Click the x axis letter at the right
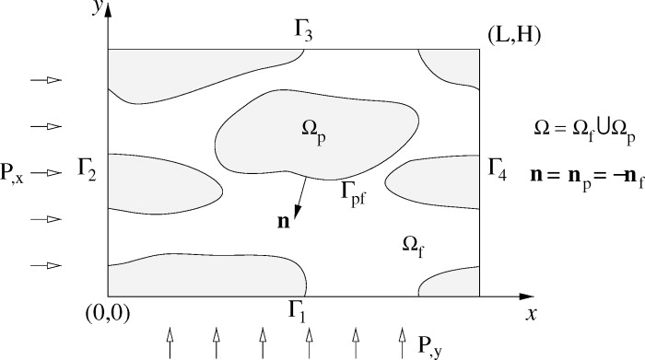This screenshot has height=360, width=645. point(532,314)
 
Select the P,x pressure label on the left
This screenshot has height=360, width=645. point(17,171)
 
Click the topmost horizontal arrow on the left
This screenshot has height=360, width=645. point(46,80)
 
